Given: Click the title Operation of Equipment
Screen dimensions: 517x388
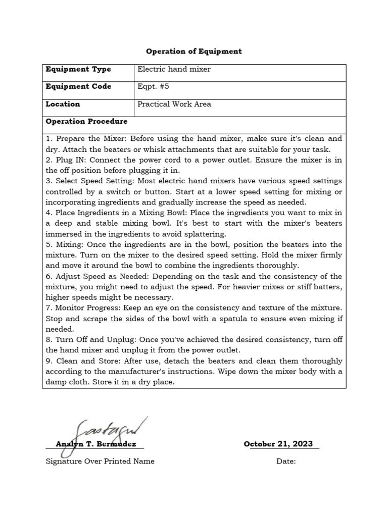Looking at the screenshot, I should point(194,51).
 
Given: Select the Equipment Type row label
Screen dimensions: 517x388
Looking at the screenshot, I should point(78,69).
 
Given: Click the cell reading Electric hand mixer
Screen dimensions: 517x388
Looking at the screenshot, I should point(174,69).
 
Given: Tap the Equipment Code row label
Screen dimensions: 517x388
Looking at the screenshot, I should point(78,86).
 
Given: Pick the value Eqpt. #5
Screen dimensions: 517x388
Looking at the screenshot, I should point(153,86).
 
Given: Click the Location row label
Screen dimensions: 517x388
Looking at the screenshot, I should point(63,104).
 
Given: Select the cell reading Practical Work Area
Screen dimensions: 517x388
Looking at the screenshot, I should point(174,104).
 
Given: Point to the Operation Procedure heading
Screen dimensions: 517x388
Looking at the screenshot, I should point(86,122).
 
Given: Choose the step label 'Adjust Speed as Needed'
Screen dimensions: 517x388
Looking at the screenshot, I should point(99,276).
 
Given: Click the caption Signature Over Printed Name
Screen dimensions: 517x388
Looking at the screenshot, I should point(100,461).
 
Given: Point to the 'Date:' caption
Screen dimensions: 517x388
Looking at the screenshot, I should point(285,461).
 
